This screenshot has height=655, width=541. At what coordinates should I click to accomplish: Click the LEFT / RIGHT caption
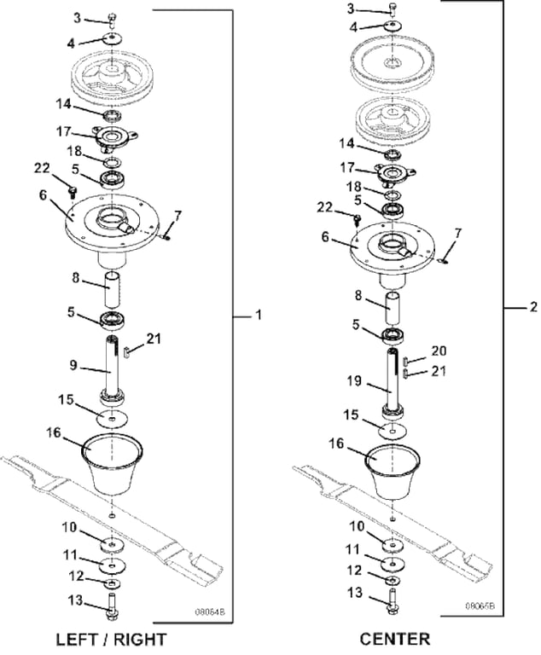click(111, 639)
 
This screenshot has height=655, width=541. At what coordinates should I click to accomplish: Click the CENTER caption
click(394, 639)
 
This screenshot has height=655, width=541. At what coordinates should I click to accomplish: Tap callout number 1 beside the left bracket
click(258, 316)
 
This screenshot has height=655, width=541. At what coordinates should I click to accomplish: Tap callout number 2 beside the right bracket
click(532, 306)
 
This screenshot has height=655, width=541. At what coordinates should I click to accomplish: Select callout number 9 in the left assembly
click(75, 366)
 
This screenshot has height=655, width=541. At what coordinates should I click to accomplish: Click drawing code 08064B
click(212, 612)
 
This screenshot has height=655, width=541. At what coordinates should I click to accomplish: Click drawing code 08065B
click(480, 606)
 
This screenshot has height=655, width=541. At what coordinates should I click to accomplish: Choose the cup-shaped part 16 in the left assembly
click(114, 466)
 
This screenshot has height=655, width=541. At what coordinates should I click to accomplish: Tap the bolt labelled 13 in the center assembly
click(392, 594)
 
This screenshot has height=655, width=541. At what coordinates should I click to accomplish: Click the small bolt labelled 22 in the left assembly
click(73, 184)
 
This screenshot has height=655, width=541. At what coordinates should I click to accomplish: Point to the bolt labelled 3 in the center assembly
click(393, 9)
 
